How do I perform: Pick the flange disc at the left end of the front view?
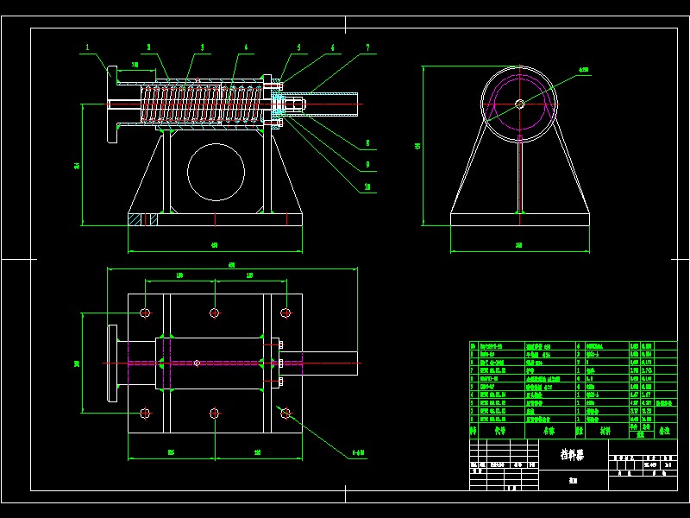pyautogui.click(x=112, y=104)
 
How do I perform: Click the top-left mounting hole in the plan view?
pyautogui.click(x=144, y=312)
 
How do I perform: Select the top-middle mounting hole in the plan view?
pyautogui.click(x=215, y=312)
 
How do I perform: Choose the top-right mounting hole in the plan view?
pyautogui.click(x=285, y=312)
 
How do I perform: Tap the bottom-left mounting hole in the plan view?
pyautogui.click(x=144, y=414)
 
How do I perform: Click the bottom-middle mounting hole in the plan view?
pyautogui.click(x=215, y=414)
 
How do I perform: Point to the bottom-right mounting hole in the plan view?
pyautogui.click(x=285, y=414)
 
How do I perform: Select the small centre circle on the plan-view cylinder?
pyautogui.click(x=197, y=363)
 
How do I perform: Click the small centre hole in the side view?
pyautogui.click(x=519, y=104)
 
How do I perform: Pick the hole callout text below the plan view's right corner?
pyautogui.click(x=358, y=452)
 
